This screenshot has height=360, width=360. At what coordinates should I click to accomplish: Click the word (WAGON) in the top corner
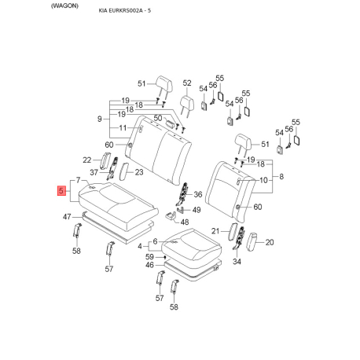click(20, 6)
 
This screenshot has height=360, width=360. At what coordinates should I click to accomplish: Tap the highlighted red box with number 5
click(62, 191)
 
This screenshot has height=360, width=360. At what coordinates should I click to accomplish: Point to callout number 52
click(187, 83)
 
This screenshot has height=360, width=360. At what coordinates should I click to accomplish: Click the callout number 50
click(158, 118)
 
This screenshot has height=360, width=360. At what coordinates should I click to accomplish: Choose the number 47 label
click(68, 216)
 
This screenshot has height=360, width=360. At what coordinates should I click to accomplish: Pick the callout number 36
click(197, 195)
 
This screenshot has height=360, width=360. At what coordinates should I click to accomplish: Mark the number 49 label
click(197, 210)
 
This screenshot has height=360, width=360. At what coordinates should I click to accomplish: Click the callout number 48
click(185, 222)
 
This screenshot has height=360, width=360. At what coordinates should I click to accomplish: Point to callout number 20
click(270, 243)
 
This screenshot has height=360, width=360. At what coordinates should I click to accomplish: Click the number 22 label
click(86, 160)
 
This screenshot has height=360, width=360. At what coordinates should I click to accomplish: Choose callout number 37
click(94, 173)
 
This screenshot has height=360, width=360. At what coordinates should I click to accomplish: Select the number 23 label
click(139, 171)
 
